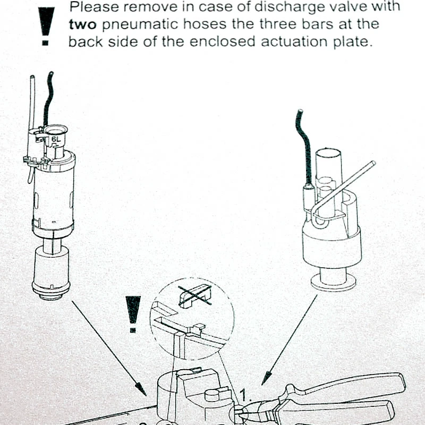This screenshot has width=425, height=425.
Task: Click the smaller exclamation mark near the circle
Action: (132, 313)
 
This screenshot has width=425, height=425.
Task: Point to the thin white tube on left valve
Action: (32, 106)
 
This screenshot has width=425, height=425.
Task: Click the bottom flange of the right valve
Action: (333, 284)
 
